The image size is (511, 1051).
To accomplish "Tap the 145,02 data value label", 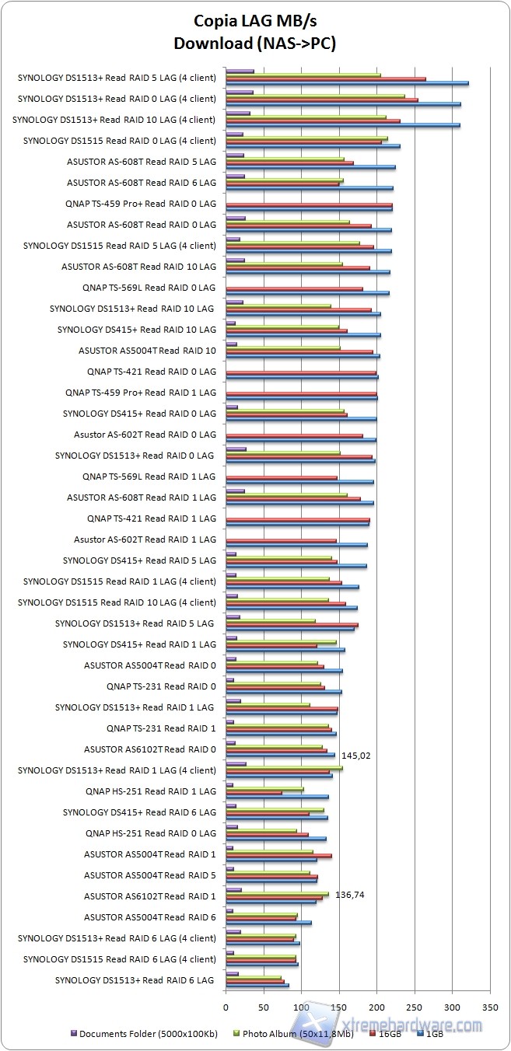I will pyautogui.click(x=355, y=755).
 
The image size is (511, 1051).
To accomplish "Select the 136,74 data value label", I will pyautogui.click(x=349, y=895).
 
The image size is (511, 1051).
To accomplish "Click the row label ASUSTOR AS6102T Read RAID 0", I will pyautogui.click(x=149, y=749).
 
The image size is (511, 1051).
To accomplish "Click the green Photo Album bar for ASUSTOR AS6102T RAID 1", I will pyautogui.click(x=277, y=894).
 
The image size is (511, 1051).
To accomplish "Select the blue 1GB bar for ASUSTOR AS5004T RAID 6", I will pyautogui.click(x=268, y=923).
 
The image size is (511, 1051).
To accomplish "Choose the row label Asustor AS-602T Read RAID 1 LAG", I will pyautogui.click(x=145, y=539).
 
